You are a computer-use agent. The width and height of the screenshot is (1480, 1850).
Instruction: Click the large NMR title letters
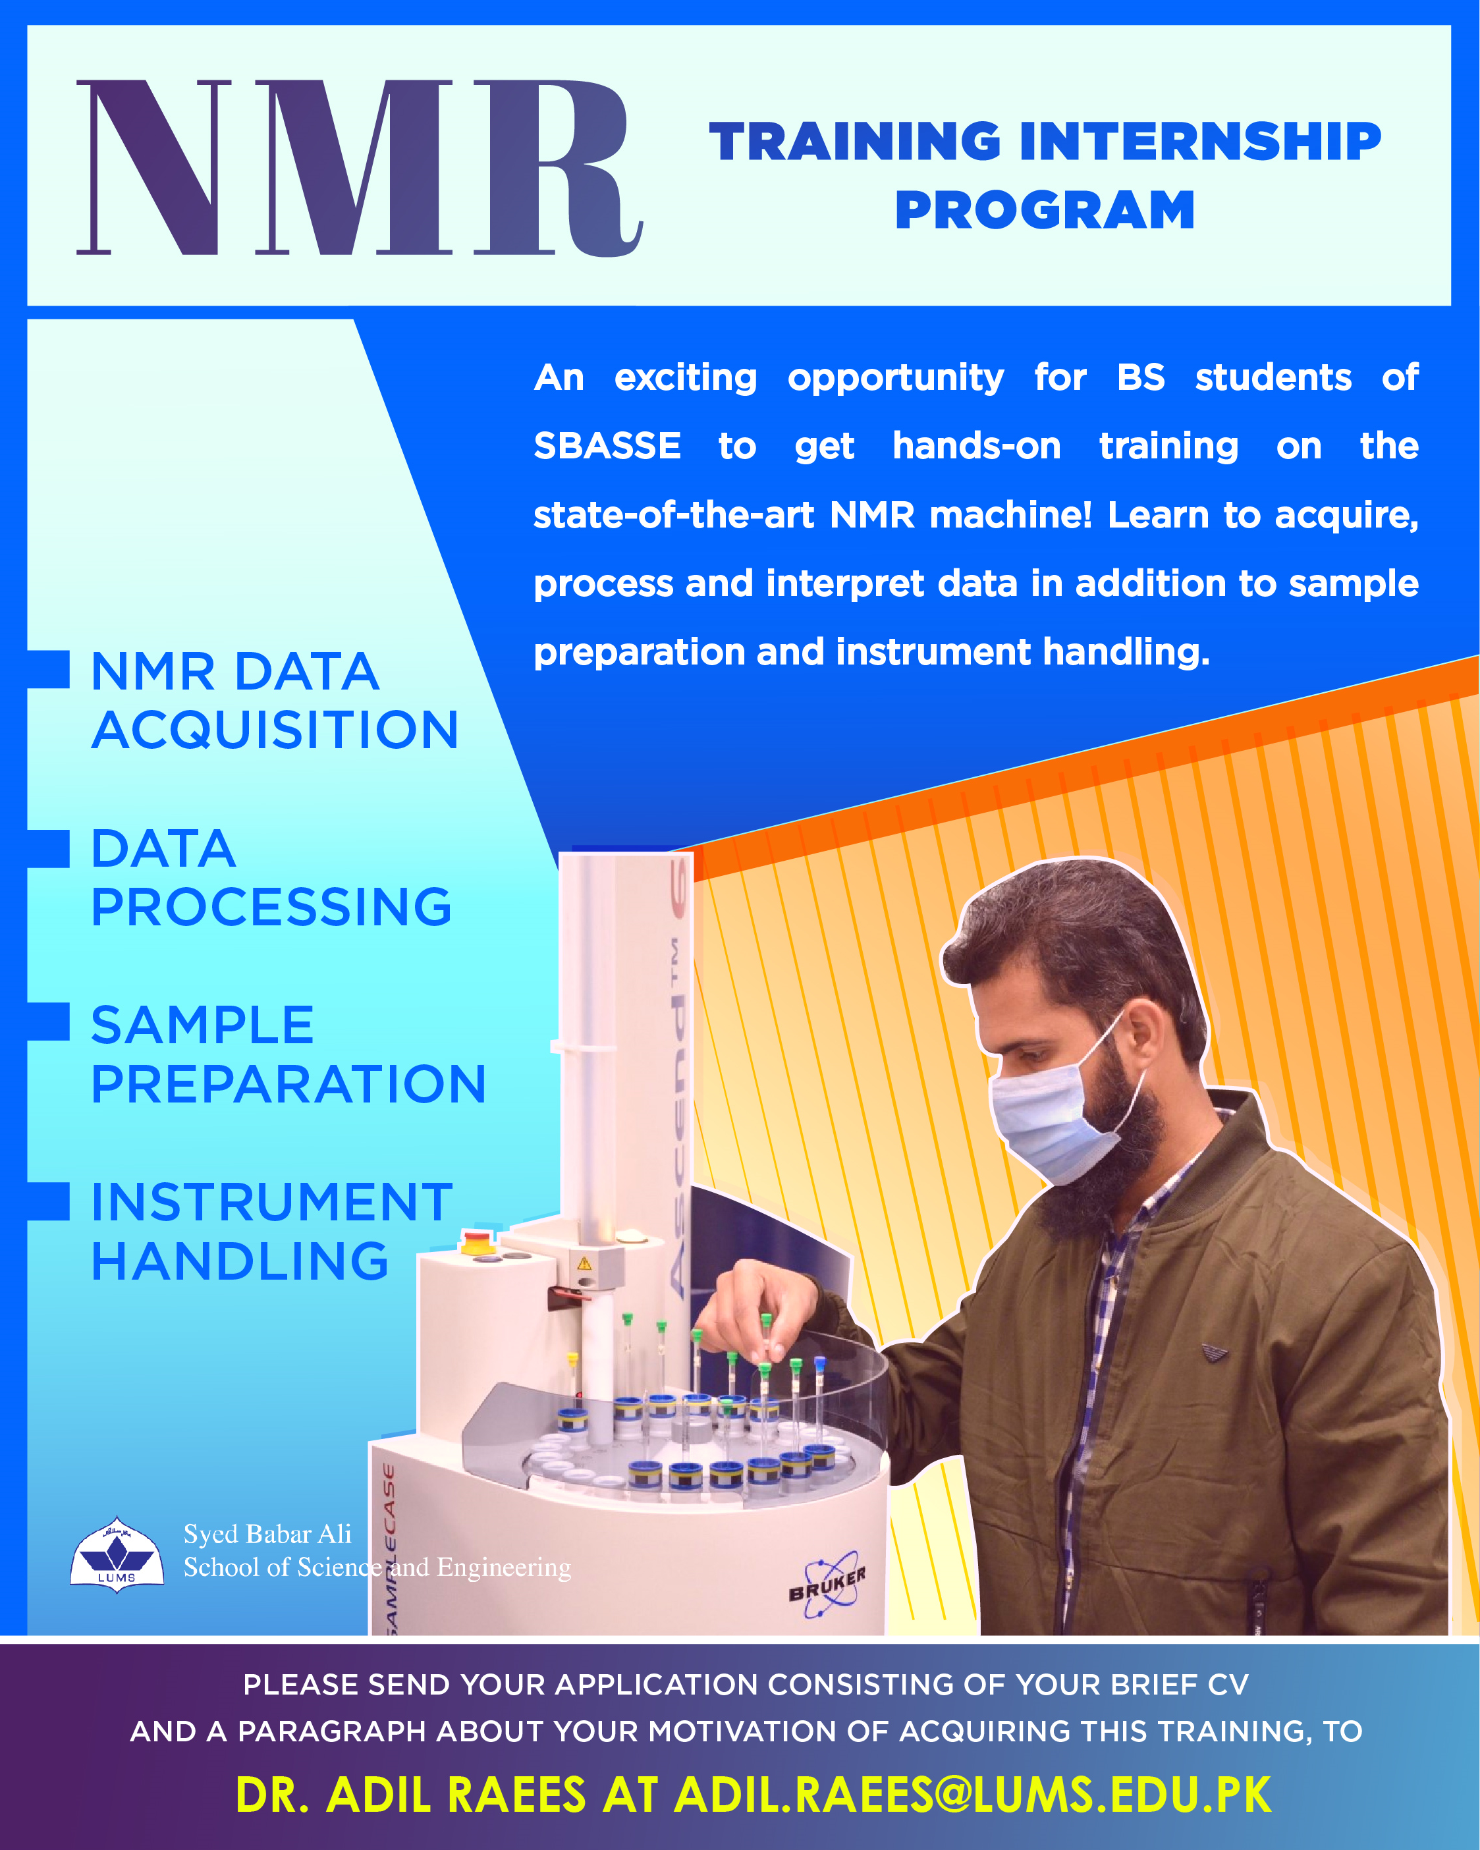(360, 168)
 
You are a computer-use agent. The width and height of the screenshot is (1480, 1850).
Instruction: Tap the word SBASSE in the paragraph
(607, 446)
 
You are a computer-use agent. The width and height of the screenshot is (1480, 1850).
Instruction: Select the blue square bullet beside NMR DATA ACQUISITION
(48, 669)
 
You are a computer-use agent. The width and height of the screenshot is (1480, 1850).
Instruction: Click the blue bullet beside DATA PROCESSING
(48, 849)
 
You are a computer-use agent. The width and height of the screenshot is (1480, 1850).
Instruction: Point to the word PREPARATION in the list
(289, 1084)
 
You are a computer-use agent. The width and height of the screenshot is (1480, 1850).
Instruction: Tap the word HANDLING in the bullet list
(240, 1261)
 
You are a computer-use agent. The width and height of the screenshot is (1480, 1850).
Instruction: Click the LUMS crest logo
(117, 1555)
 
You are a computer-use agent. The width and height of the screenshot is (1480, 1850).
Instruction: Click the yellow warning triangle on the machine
(584, 1263)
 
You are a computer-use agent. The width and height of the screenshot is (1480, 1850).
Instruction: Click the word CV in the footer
(1228, 1685)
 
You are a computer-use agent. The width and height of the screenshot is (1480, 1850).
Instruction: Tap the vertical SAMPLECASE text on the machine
(388, 1550)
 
